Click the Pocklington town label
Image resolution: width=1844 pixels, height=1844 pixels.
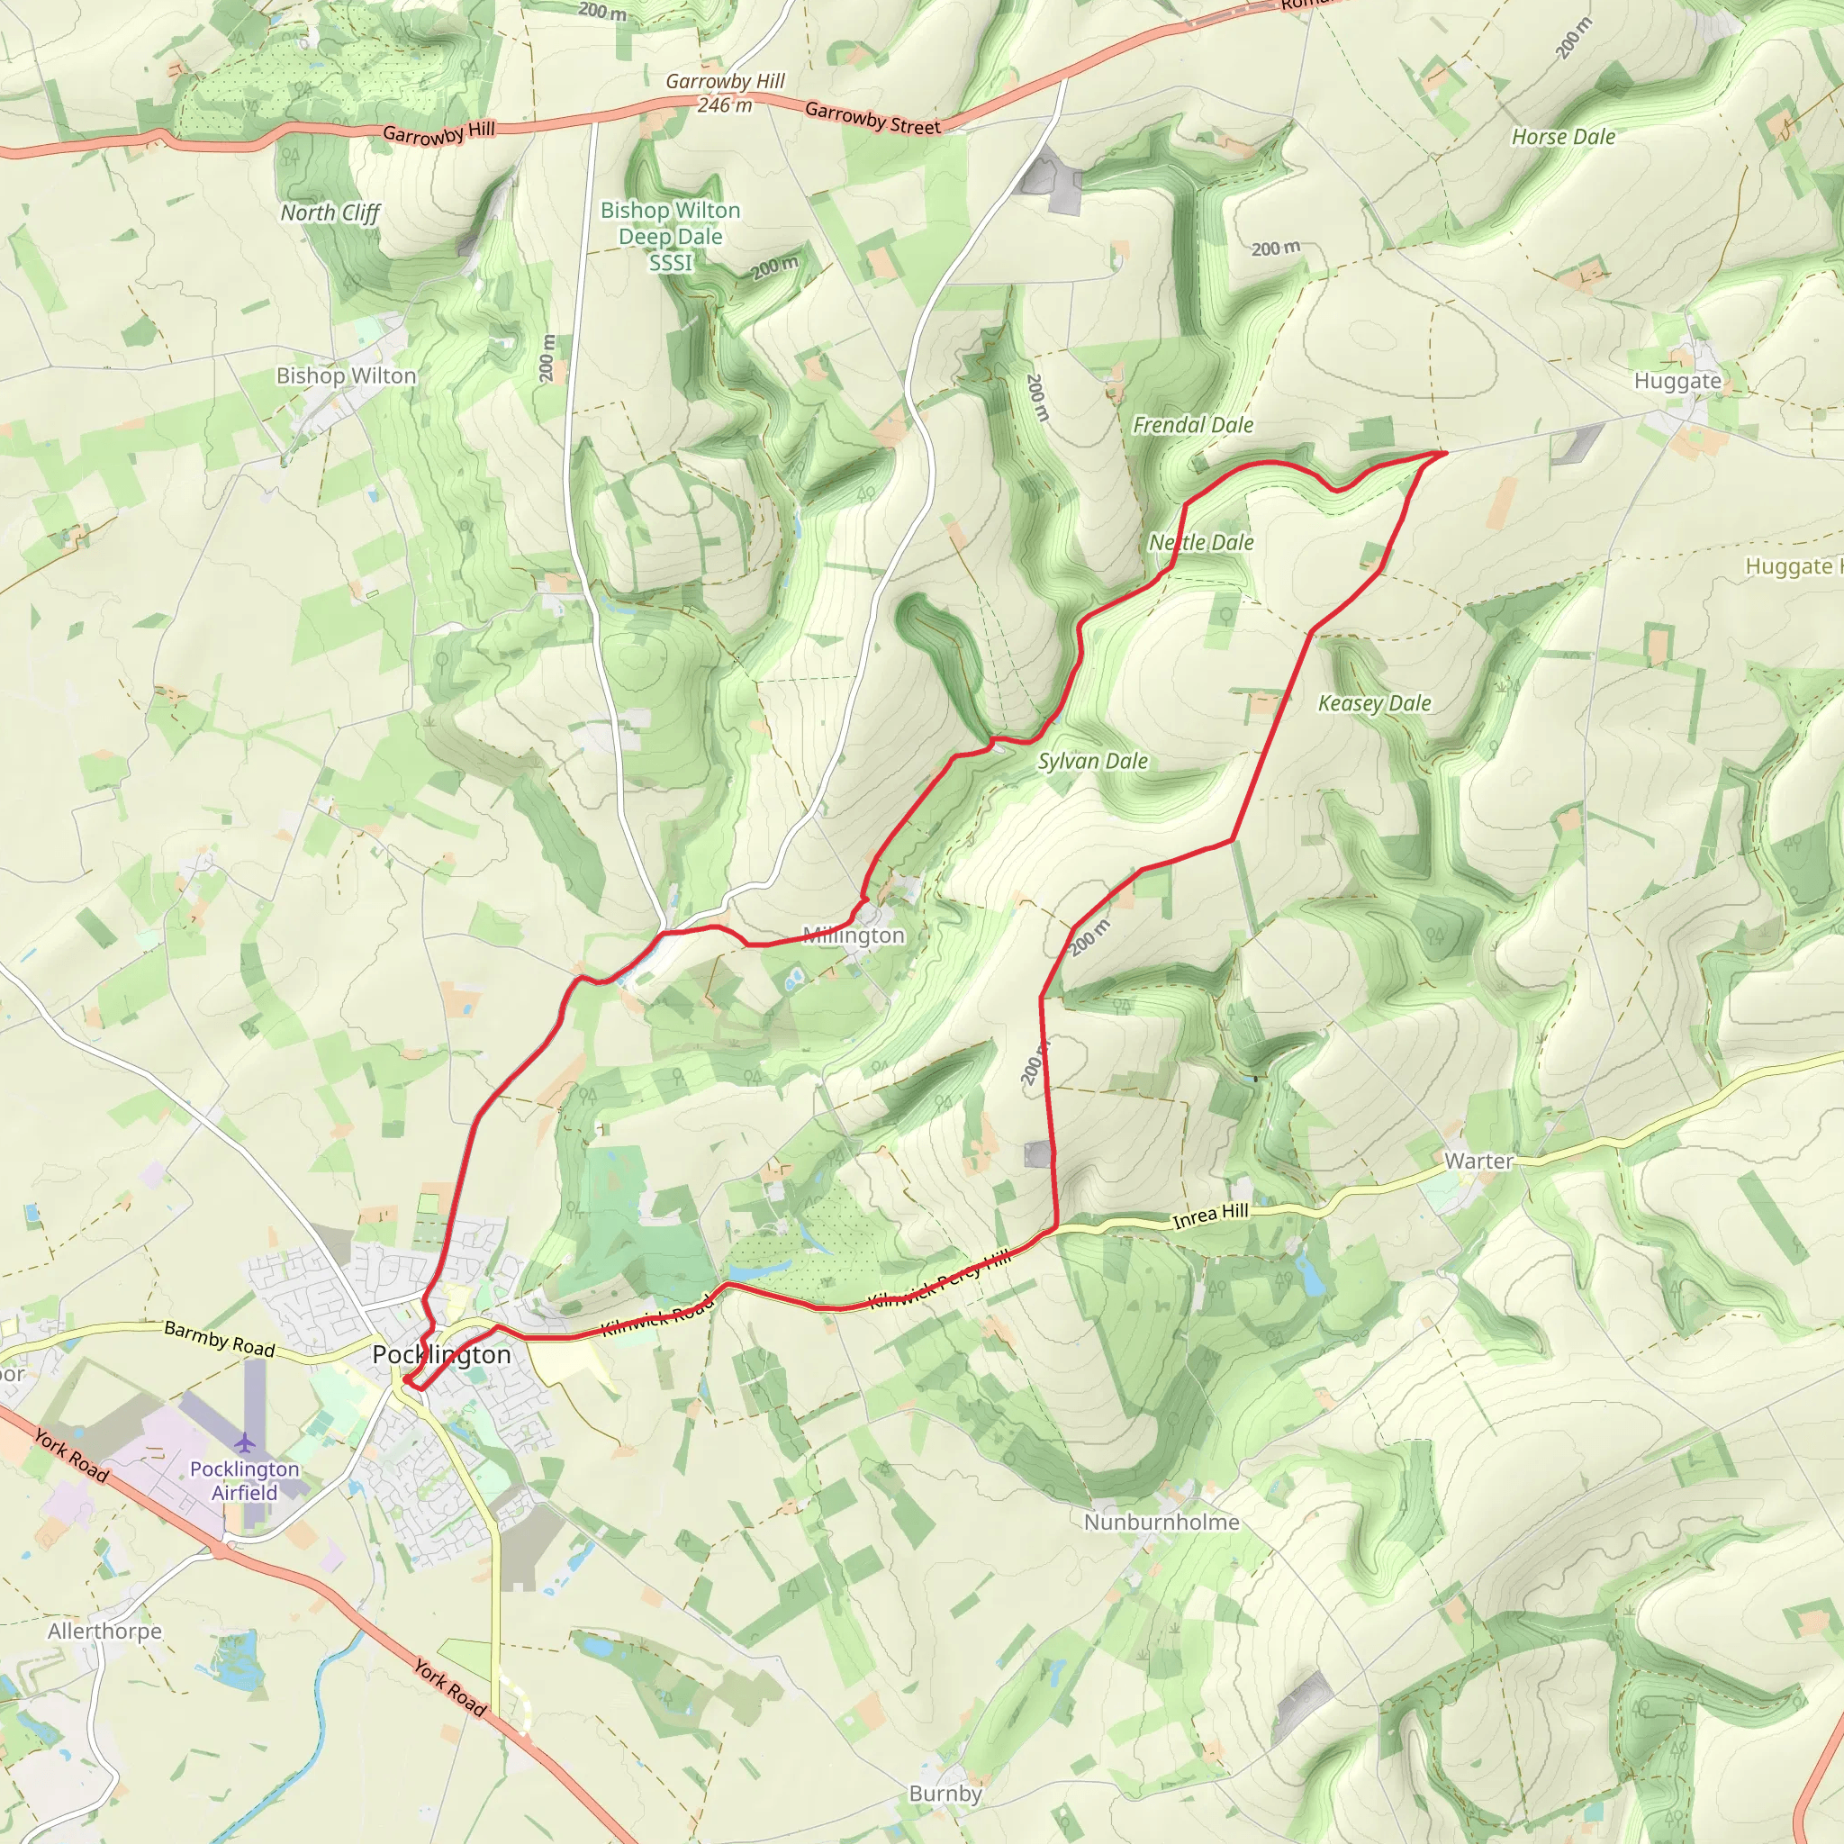click(442, 1354)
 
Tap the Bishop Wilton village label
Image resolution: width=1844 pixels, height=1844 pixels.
click(347, 376)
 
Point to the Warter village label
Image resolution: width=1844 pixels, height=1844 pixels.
click(1478, 1161)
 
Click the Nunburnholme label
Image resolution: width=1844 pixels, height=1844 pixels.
click(1162, 1522)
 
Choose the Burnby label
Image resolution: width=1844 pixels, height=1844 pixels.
click(945, 1794)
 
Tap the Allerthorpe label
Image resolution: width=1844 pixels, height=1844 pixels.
click(105, 1632)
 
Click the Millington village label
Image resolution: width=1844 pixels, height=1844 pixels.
click(854, 936)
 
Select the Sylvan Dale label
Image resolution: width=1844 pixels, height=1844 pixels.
click(1093, 762)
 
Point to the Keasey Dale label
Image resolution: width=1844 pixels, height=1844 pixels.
click(1374, 703)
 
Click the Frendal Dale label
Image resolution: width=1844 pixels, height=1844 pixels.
click(1193, 425)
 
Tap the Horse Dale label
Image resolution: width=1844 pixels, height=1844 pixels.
click(1563, 138)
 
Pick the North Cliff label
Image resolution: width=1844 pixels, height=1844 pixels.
click(330, 212)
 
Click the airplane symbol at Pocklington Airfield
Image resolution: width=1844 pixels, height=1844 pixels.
click(245, 1442)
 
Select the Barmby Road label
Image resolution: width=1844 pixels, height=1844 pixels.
click(220, 1338)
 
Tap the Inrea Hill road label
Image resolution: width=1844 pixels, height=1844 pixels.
click(1210, 1216)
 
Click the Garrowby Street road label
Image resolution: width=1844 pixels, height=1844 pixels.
click(872, 118)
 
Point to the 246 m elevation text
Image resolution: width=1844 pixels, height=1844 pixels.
click(725, 105)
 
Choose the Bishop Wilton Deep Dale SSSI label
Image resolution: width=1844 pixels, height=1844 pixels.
click(670, 236)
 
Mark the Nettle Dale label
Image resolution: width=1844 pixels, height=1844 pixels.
click(1201, 542)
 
